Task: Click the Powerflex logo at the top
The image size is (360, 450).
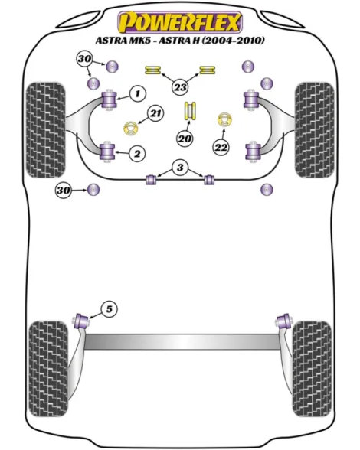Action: click(x=180, y=21)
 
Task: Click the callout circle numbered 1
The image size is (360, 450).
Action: click(x=138, y=93)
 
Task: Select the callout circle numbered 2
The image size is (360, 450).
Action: click(x=137, y=154)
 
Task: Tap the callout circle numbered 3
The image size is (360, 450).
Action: click(x=180, y=167)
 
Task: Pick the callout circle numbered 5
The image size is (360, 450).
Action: click(x=110, y=309)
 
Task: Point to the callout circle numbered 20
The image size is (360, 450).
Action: click(x=185, y=139)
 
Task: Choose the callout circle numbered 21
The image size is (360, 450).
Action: click(x=155, y=113)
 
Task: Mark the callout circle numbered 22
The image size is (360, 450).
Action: click(x=221, y=148)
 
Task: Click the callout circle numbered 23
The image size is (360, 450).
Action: click(x=180, y=86)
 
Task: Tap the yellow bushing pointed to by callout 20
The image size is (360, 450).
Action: click(x=190, y=111)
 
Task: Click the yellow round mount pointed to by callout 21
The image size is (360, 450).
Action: click(x=131, y=129)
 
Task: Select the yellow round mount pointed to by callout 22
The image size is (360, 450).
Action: click(x=224, y=119)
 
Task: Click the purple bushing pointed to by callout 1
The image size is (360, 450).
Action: click(x=109, y=99)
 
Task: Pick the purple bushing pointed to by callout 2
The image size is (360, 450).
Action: click(x=108, y=152)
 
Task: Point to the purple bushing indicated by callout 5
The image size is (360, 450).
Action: click(x=81, y=321)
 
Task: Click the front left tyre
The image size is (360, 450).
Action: click(x=45, y=130)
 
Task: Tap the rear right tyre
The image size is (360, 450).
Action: click(x=312, y=369)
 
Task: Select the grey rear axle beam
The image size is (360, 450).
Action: click(x=182, y=341)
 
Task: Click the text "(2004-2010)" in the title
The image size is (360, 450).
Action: click(x=233, y=40)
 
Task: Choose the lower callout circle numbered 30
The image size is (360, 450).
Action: click(x=64, y=190)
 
